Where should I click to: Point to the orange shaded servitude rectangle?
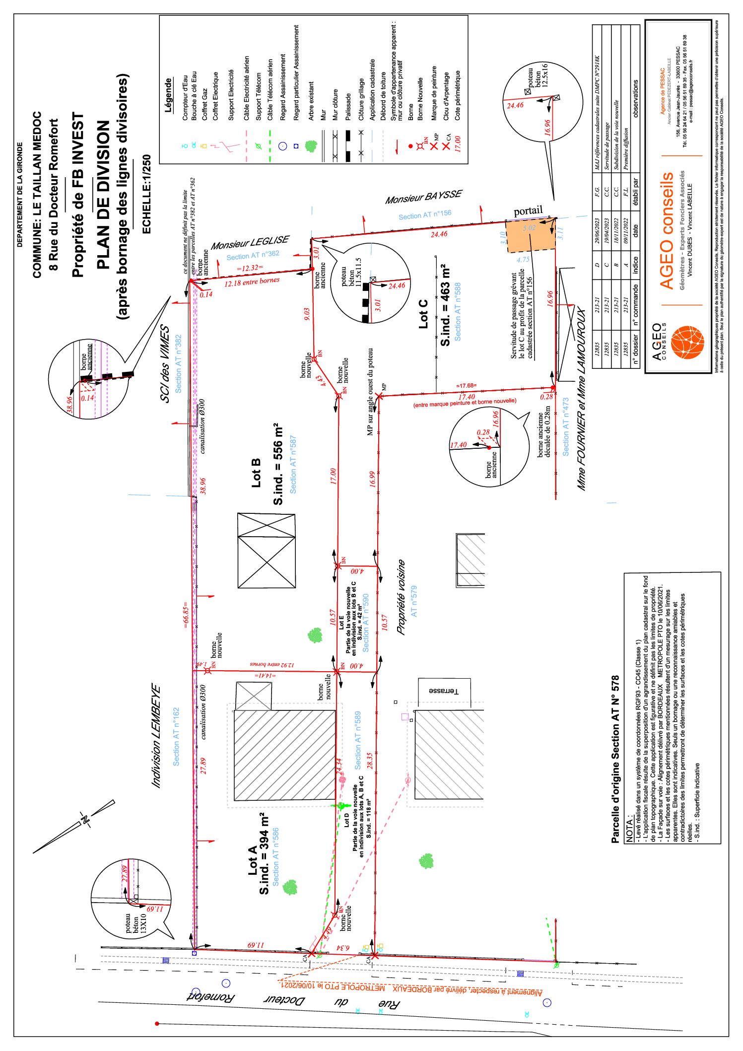pos(530,236)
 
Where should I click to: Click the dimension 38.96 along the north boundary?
pos(203,485)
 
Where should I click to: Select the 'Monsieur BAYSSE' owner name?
pos(423,197)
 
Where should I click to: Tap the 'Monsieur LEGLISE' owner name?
pos(250,243)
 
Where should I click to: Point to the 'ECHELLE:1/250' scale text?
pos(147,194)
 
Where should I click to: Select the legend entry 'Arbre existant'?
pos(311,101)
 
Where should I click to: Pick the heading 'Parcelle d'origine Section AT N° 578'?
pos(615,759)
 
